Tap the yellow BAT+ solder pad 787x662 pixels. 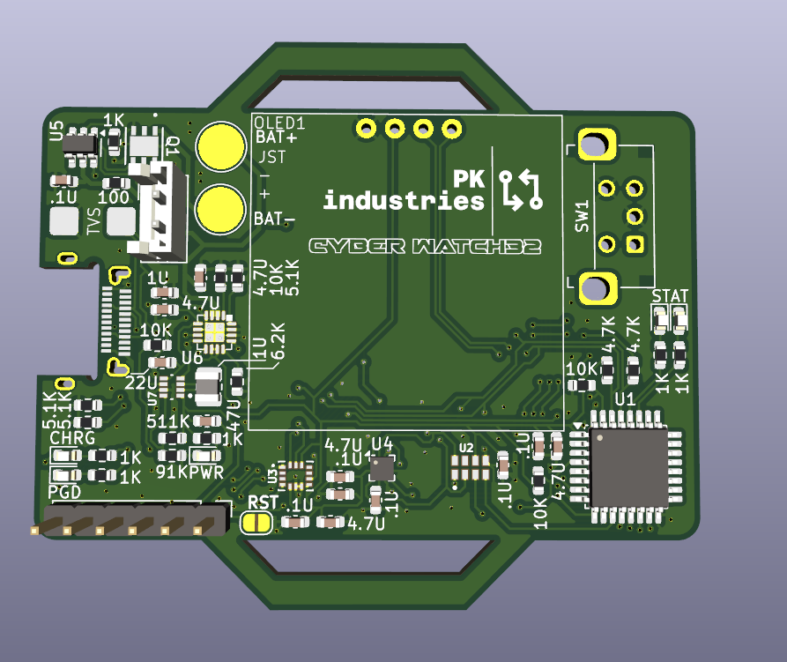(220, 146)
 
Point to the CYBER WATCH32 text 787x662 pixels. (424, 247)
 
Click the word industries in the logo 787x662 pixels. (403, 201)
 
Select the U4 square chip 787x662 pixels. (382, 468)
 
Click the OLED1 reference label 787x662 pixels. (278, 123)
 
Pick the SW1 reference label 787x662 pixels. (582, 217)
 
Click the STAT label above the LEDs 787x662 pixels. (670, 295)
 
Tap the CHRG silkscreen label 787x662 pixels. (71, 438)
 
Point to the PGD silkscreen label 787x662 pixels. (64, 492)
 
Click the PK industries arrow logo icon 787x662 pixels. (520, 190)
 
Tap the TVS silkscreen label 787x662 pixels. (93, 218)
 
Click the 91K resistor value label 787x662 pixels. (171, 471)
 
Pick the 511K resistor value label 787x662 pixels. (167, 421)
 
